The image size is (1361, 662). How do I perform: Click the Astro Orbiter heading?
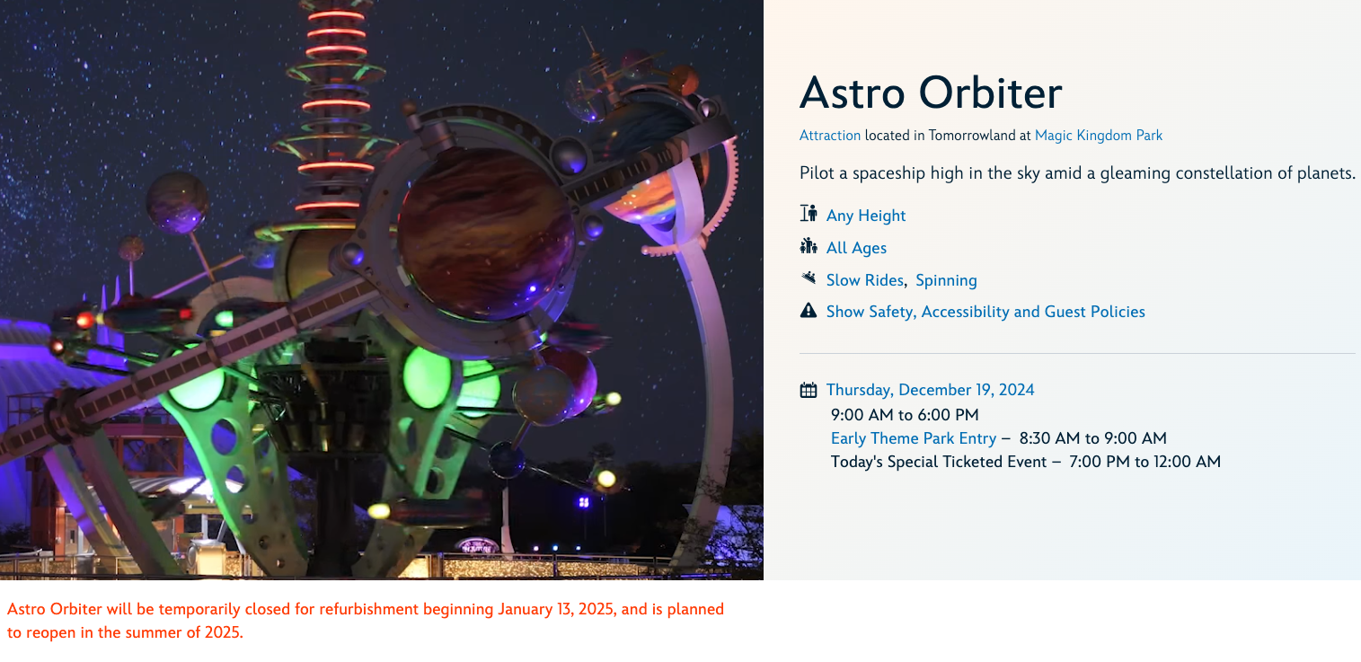pos(931,93)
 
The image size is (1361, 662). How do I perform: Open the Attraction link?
pos(830,136)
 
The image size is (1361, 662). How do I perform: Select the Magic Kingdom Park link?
pos(1099,136)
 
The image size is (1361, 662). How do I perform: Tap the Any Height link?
pos(866,216)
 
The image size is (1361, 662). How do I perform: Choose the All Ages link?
pos(856,248)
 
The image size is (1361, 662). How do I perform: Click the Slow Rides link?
pos(864,280)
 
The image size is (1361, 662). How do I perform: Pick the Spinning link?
pos(946,280)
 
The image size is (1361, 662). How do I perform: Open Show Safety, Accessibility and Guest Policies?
pos(985,312)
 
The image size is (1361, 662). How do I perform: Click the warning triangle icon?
pos(809,311)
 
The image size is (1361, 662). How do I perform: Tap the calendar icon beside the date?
pos(809,390)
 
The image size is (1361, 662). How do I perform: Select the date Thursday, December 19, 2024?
pos(930,390)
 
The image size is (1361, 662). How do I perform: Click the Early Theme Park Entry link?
pos(914,438)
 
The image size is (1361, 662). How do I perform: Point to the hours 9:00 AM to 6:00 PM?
pos(905,415)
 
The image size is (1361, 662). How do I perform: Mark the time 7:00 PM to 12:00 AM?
pos(1144,462)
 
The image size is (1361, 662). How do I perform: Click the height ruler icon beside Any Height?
pos(809,213)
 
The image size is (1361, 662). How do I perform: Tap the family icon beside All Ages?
pos(809,245)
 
